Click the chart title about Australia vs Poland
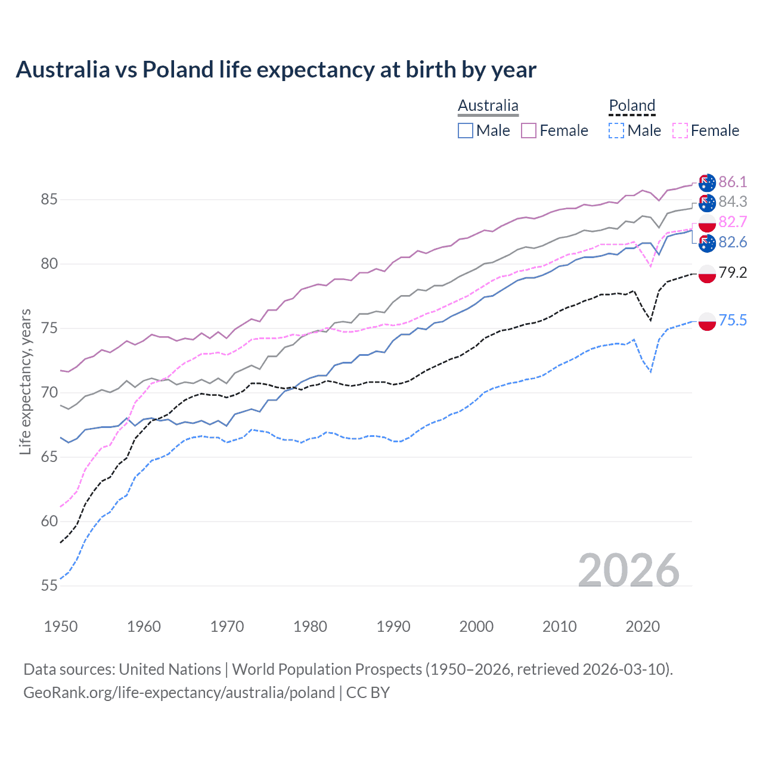point(276,70)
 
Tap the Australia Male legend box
point(466,131)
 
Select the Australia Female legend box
point(529,131)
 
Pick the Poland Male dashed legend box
point(616,131)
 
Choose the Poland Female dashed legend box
point(680,131)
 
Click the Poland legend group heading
point(632,106)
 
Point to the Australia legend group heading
point(488,106)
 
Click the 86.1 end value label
point(733,182)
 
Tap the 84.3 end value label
point(733,202)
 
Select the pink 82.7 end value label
point(733,222)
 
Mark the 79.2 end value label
point(733,273)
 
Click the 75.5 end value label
point(733,321)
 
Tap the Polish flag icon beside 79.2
point(707,274)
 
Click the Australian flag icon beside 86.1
point(707,182)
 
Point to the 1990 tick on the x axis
point(393,626)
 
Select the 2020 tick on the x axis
point(643,626)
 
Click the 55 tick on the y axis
point(49,586)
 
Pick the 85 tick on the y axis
point(49,200)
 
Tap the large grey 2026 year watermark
point(629,570)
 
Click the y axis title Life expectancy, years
point(26,381)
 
